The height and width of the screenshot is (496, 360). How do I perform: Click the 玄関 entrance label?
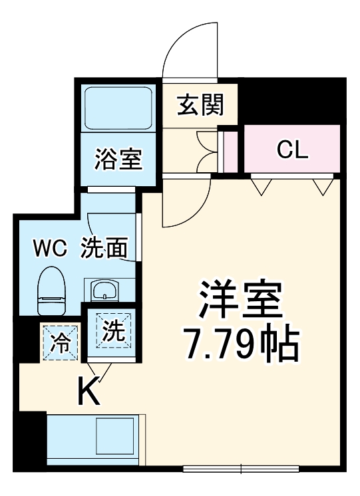pyautogui.click(x=200, y=105)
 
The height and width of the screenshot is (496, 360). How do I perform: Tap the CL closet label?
pyautogui.click(x=293, y=150)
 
